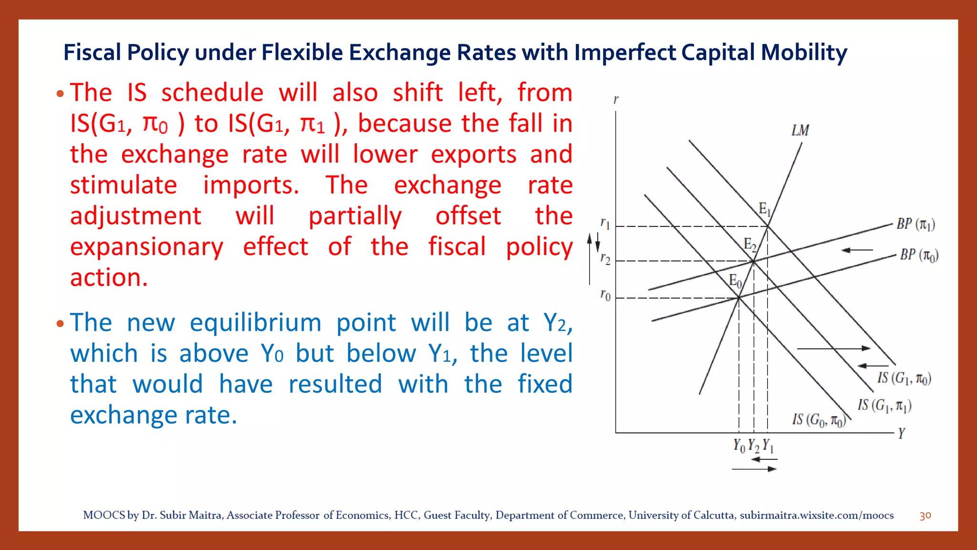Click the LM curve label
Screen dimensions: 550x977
[800, 130]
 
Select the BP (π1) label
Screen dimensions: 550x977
[915, 224]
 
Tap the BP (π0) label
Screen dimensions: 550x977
[919, 255]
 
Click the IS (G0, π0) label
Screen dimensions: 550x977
[819, 420]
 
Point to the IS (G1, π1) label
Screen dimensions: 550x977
[884, 405]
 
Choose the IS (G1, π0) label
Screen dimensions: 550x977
[904, 378]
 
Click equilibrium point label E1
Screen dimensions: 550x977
[765, 209]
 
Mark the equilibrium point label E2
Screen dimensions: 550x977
[750, 244]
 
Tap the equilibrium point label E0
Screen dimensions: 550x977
[735, 281]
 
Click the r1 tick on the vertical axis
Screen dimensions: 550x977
[605, 223]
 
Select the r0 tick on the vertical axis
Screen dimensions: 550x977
[605, 295]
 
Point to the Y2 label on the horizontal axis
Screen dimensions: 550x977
[753, 445]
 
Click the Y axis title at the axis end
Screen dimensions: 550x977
[901, 433]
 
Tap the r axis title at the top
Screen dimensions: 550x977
[616, 99]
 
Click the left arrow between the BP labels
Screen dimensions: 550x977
[857, 250]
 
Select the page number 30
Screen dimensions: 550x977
[925, 516]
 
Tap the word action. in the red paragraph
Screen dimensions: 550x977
[109, 277]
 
